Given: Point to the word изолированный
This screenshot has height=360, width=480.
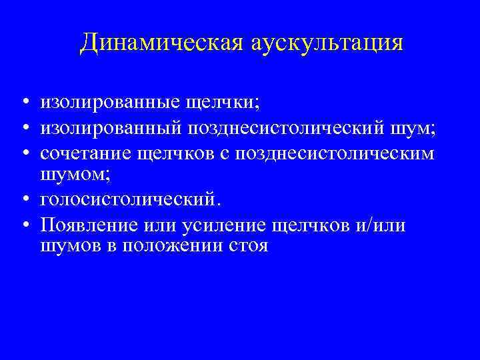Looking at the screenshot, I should (x=107, y=128).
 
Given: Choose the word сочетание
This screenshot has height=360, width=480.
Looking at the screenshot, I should (x=85, y=153).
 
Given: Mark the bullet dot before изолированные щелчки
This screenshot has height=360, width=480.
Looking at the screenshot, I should (x=24, y=102).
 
